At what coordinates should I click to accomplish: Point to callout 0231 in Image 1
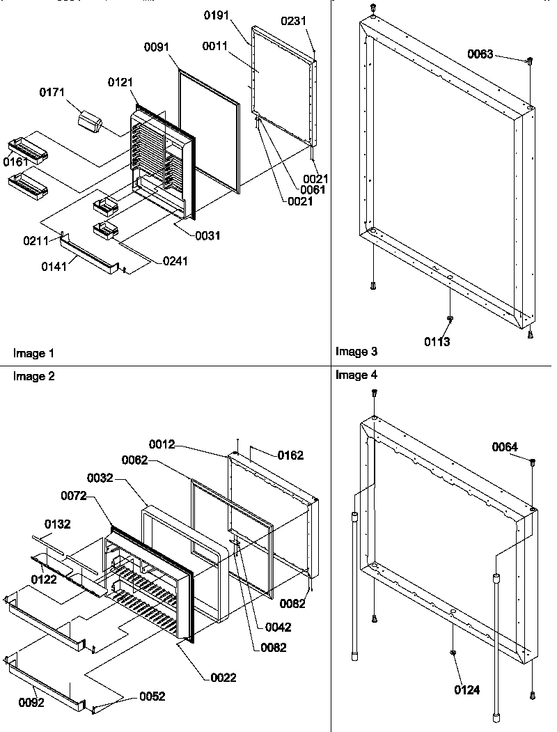coord(293,22)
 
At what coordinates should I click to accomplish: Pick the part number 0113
coord(438,341)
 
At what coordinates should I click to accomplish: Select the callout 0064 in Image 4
coord(505,446)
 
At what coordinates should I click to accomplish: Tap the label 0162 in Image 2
coord(290,455)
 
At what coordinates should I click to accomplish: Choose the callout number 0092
coord(31,703)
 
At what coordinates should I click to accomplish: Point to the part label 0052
coord(152,696)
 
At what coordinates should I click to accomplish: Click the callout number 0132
coord(58,523)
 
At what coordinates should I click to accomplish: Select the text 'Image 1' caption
coord(33,354)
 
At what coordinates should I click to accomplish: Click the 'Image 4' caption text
coord(356,375)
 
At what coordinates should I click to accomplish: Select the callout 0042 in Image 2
coord(278,627)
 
